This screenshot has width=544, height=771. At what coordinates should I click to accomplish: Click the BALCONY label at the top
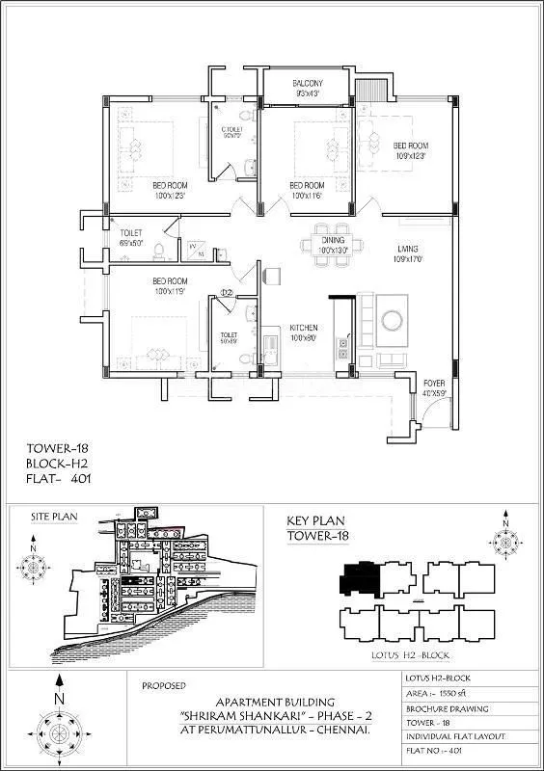point(308,84)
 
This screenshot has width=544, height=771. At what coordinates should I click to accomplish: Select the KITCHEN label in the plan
point(303,328)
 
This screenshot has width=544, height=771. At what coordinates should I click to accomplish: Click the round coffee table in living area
point(393,320)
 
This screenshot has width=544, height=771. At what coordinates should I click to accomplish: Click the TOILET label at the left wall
point(131,233)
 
